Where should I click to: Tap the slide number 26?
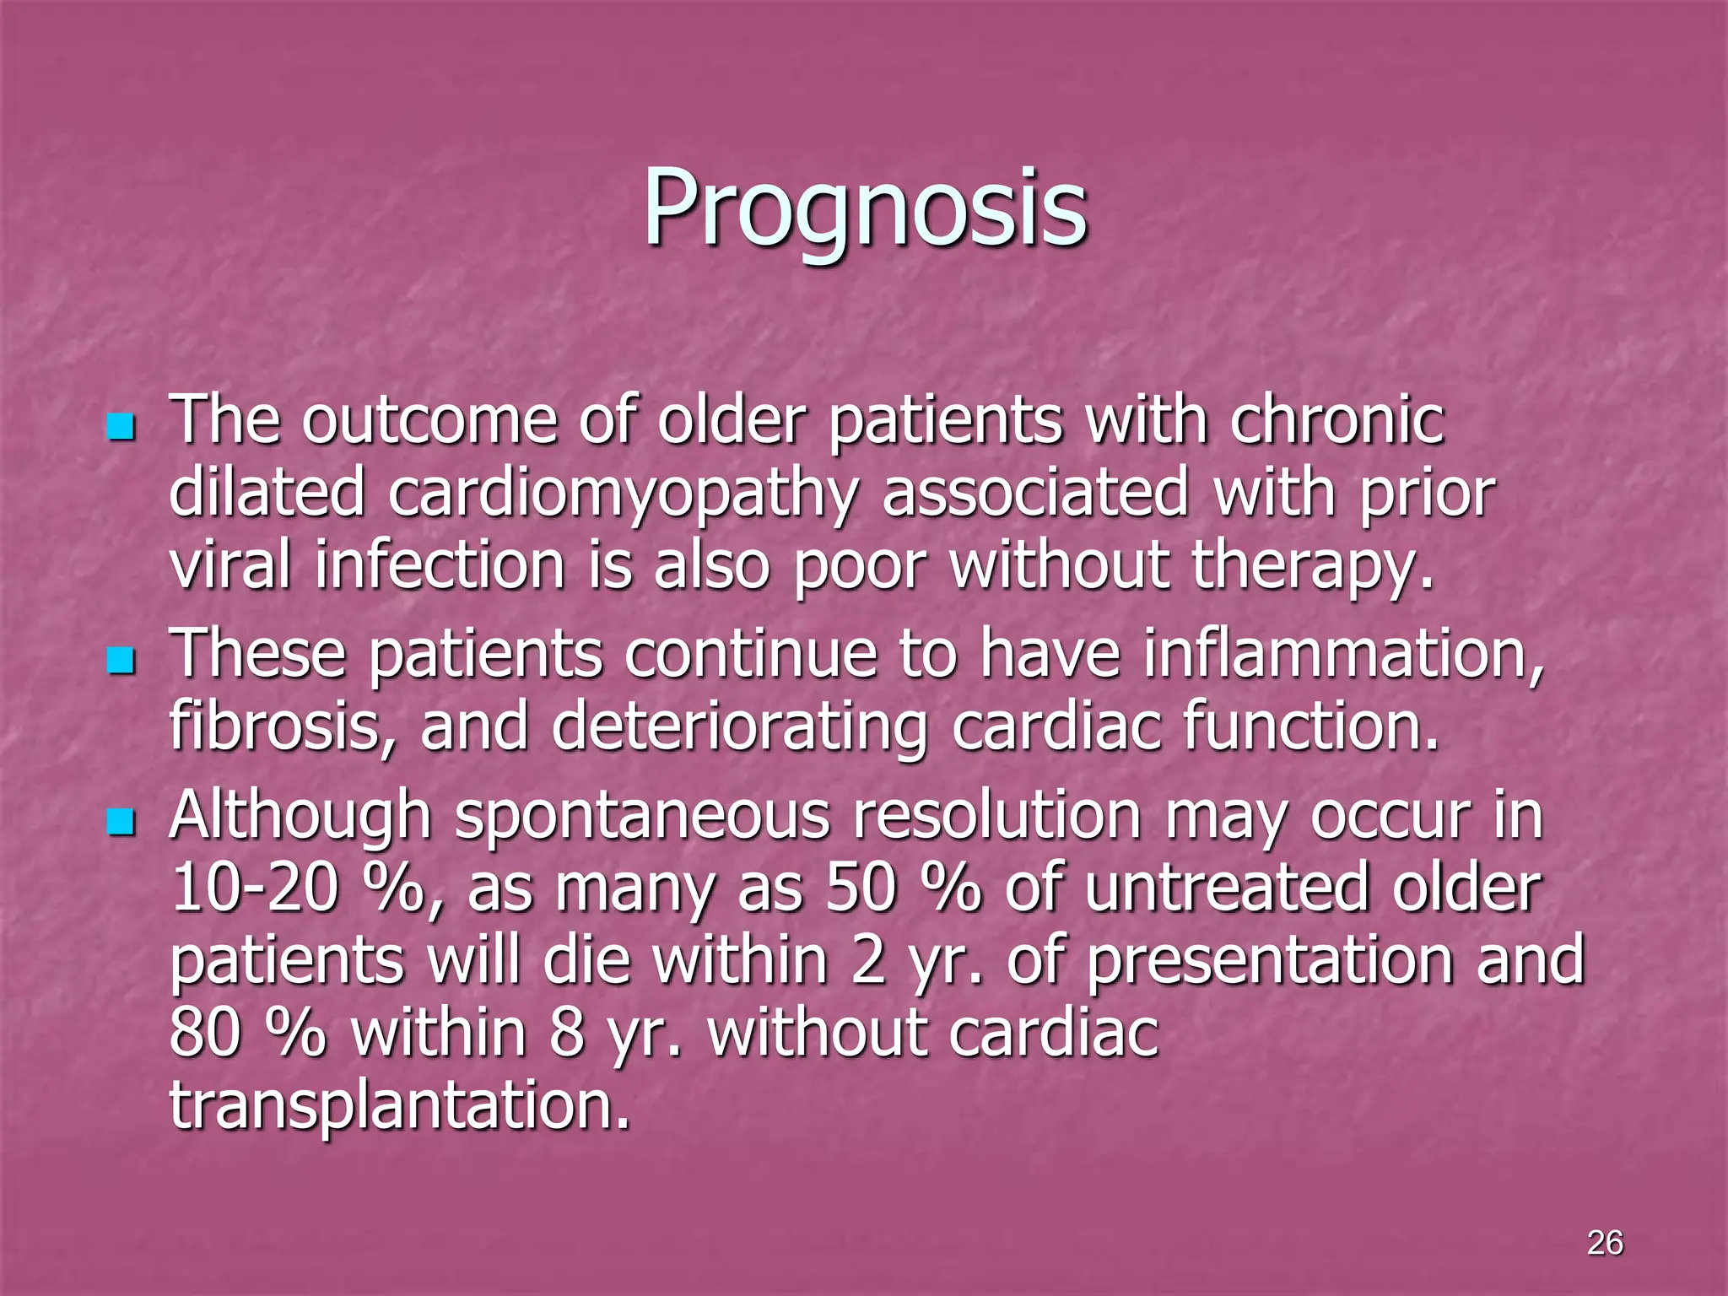[1605, 1243]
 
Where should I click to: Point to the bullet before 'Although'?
[121, 821]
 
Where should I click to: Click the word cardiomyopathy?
[623, 494]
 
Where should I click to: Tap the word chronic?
[1336, 420]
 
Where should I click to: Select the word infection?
[440, 565]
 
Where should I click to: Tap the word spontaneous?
[642, 817]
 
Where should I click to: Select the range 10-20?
[254, 888]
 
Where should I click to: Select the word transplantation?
[400, 1105]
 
